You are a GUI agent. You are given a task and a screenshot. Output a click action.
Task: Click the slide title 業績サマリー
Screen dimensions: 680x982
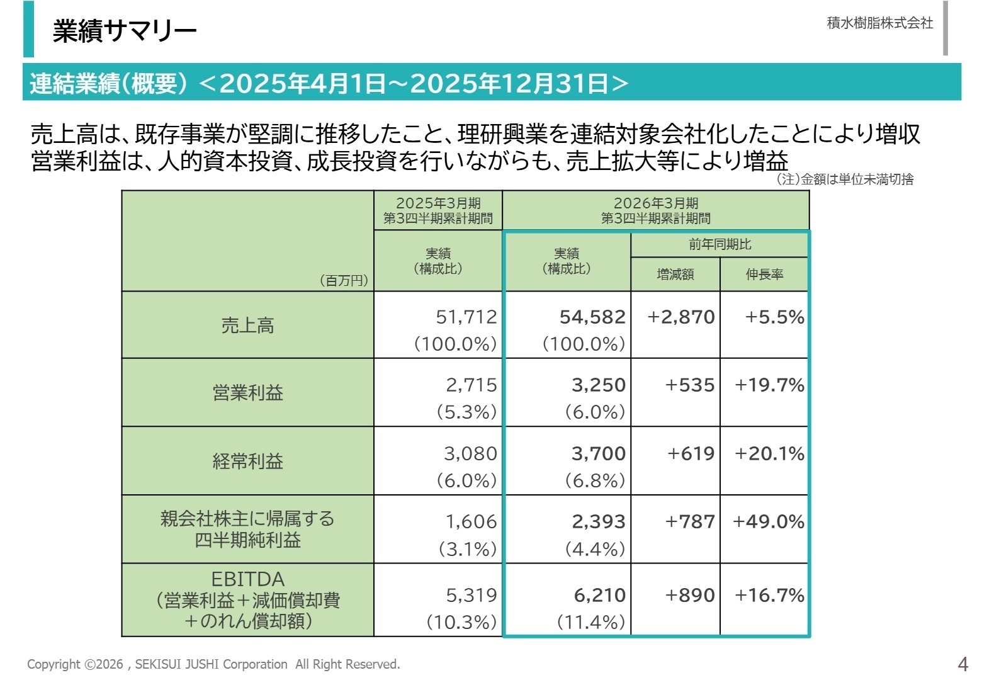click(x=125, y=30)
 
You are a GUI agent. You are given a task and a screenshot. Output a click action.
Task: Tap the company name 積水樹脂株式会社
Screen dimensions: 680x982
click(x=879, y=23)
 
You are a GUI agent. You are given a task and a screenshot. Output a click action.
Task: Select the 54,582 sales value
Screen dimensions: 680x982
click(x=592, y=317)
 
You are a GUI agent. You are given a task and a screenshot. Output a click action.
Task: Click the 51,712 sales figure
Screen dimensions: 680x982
click(x=466, y=317)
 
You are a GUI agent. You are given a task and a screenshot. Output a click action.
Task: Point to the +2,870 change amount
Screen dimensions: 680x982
click(x=681, y=317)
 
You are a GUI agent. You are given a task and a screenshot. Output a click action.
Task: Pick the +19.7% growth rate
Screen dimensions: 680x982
click(x=769, y=385)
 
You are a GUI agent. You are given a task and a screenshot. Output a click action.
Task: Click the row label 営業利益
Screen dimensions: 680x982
click(x=247, y=393)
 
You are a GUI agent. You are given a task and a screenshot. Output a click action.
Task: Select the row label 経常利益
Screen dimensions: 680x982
click(x=247, y=462)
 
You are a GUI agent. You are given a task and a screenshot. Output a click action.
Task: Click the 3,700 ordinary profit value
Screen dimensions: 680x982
click(x=598, y=453)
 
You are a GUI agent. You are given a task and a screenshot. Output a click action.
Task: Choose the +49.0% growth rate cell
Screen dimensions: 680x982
click(x=769, y=521)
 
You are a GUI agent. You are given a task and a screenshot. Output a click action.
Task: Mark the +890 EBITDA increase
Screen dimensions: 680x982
click(x=690, y=595)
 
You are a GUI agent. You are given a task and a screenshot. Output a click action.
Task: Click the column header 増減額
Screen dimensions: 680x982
click(x=675, y=275)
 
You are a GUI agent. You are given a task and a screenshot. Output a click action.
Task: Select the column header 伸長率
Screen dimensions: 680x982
click(x=764, y=275)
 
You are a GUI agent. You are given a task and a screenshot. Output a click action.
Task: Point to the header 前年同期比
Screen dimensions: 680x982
click(x=720, y=244)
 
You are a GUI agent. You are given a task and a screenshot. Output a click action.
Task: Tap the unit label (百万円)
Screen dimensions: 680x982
click(x=344, y=280)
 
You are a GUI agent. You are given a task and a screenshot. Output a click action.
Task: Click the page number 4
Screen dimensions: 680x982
click(x=962, y=664)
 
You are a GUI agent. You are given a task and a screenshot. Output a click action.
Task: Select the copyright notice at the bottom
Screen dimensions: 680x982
click(x=213, y=664)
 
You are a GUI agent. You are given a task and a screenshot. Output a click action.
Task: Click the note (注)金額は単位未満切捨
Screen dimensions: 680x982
click(x=845, y=179)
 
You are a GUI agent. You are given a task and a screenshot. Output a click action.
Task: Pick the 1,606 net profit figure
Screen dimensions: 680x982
click(x=471, y=521)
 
